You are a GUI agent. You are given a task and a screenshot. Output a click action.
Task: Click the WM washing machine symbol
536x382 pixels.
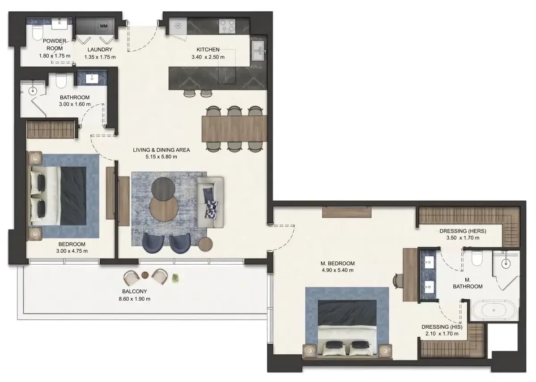(x=104, y=26)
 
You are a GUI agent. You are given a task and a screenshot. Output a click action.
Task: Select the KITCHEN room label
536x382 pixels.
(x=208, y=50)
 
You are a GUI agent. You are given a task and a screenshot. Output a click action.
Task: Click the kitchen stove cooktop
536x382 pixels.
(x=227, y=26)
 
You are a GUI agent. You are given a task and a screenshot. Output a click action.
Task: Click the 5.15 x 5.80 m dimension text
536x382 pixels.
(x=162, y=157)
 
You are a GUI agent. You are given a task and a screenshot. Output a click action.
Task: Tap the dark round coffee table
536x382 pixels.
(x=163, y=189)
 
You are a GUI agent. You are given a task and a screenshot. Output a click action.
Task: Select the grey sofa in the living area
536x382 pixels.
(x=211, y=202)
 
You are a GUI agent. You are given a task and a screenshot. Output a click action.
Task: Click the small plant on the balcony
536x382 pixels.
(x=175, y=278)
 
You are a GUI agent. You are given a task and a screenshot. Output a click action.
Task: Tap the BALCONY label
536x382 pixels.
(x=134, y=292)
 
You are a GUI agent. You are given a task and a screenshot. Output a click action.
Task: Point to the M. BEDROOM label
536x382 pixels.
(x=337, y=263)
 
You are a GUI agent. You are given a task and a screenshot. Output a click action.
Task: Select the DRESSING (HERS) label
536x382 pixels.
(x=463, y=231)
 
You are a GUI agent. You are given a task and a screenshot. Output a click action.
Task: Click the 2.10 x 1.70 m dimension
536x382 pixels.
(x=442, y=334)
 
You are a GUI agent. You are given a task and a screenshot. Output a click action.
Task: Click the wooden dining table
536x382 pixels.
(x=234, y=128)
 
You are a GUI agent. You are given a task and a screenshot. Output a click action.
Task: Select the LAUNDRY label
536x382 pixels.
(x=100, y=50)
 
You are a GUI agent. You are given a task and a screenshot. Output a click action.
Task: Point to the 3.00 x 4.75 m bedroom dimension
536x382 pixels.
(x=72, y=251)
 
